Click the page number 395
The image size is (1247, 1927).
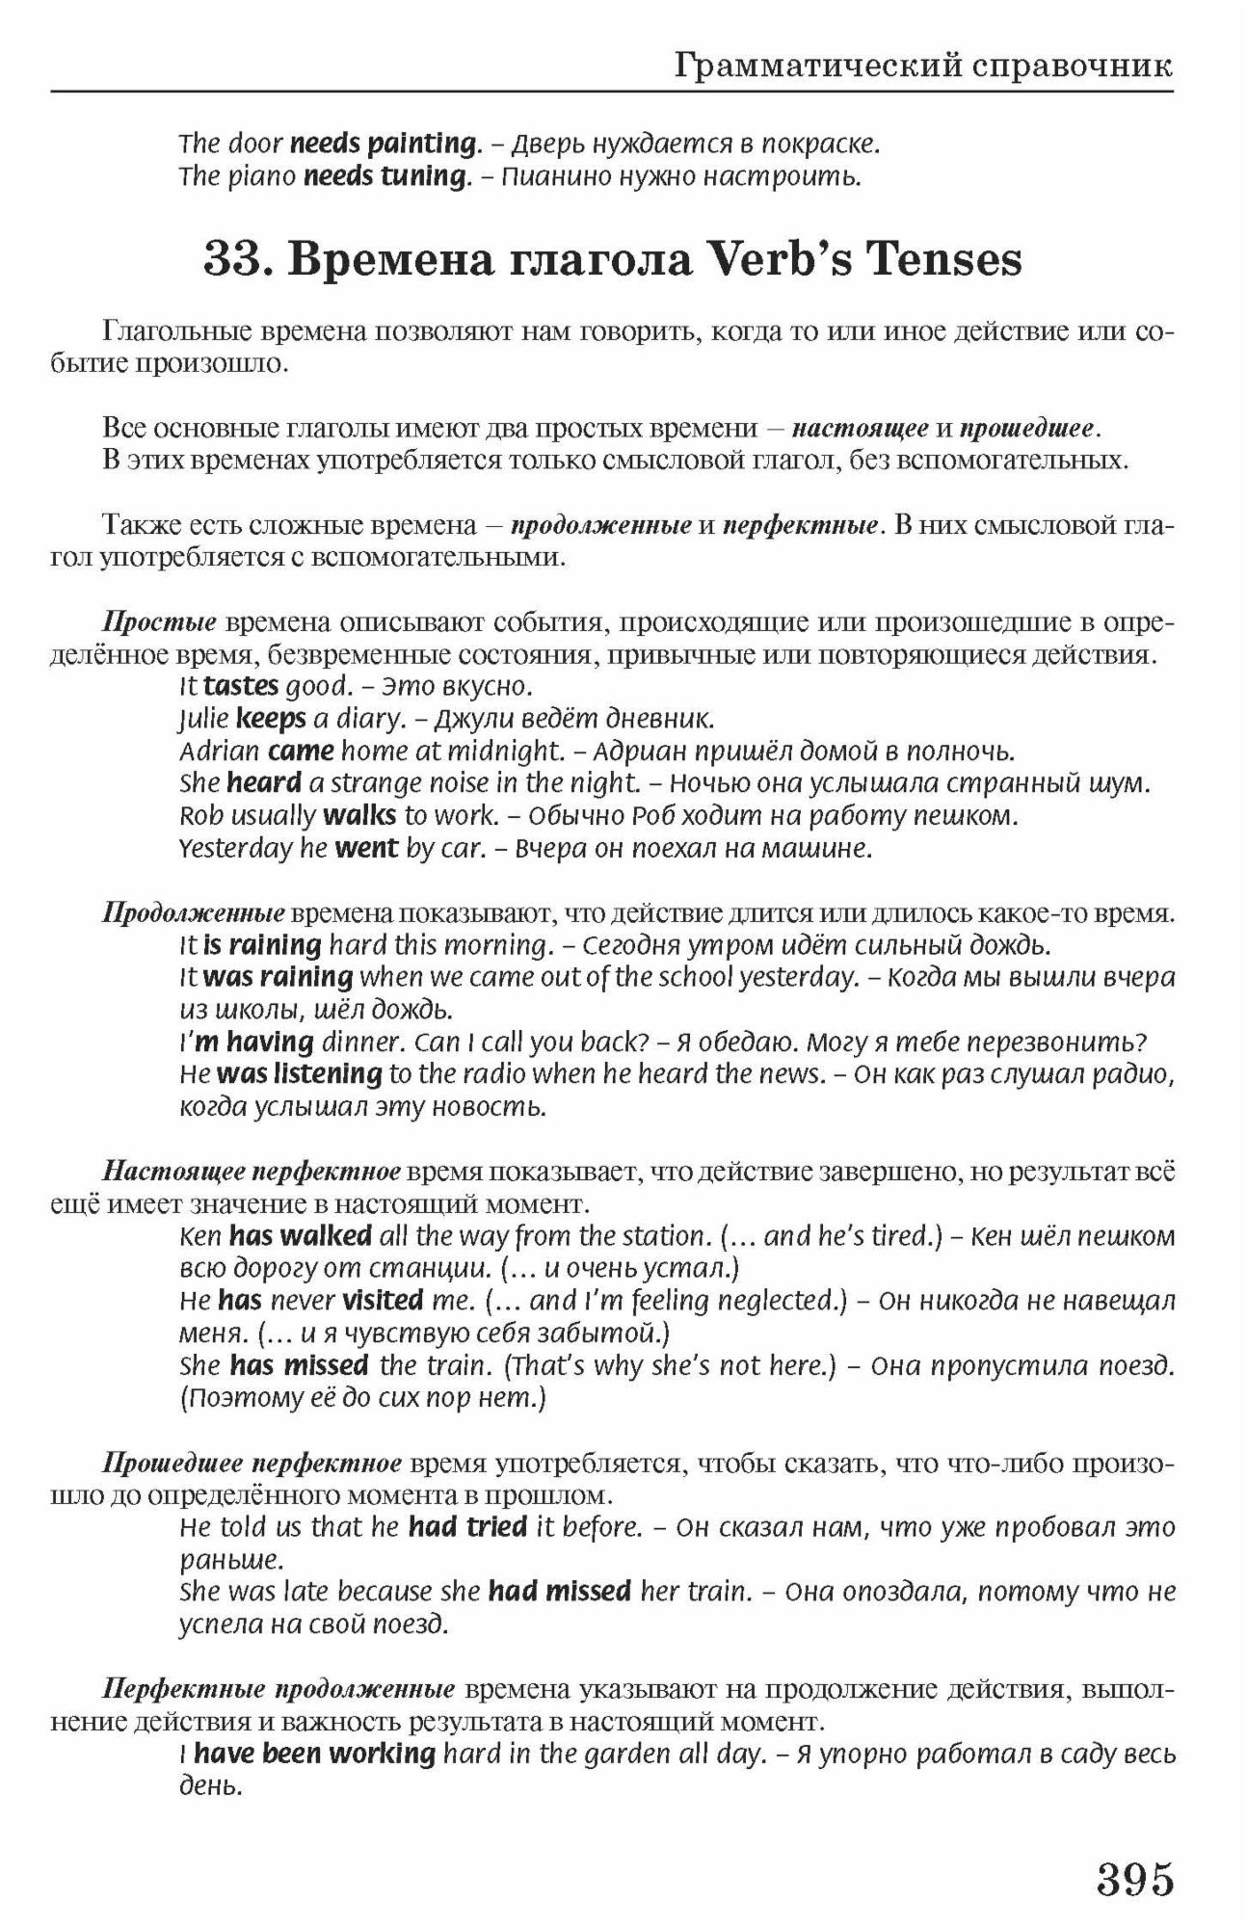coord(1135,1880)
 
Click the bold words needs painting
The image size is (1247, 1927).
coord(384,145)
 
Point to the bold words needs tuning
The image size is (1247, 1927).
coord(385,177)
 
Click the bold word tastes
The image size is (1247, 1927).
coord(241,687)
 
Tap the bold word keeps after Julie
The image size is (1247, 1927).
coord(271,719)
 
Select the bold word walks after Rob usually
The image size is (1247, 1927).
coord(359,816)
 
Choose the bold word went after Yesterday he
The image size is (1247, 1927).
coord(366,849)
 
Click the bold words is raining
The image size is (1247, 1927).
coord(262,945)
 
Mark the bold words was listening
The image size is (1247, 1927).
coord(300,1073)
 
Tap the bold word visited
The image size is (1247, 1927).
coord(383,1301)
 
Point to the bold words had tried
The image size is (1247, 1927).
coord(467,1527)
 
